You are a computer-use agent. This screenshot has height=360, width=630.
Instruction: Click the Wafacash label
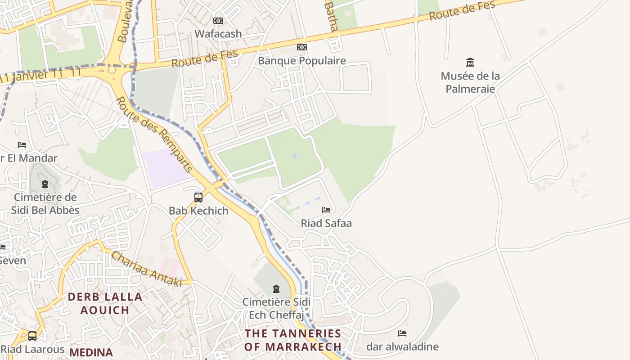[x=218, y=34]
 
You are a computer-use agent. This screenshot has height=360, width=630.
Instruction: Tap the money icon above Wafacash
[x=218, y=21]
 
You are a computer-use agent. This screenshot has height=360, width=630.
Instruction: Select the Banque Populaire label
[x=302, y=61]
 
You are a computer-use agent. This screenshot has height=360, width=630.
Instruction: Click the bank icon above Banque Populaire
[x=302, y=47]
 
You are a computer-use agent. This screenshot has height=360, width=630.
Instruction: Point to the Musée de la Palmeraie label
[x=470, y=82]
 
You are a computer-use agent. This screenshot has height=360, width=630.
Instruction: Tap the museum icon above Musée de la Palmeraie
[x=470, y=62]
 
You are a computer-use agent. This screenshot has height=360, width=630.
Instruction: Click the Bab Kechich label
[x=198, y=211]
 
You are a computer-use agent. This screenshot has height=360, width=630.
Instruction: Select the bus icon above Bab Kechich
[x=198, y=198]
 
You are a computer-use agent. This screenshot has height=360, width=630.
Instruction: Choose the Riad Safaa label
[x=326, y=223]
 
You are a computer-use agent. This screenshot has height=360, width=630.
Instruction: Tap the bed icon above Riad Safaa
[x=326, y=210]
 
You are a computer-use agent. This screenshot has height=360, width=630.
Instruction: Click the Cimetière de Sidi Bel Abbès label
[x=45, y=204]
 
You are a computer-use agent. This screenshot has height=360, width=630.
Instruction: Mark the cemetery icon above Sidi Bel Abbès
[x=45, y=184]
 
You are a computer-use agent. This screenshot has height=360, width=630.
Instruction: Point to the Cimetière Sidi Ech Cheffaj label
[x=276, y=308]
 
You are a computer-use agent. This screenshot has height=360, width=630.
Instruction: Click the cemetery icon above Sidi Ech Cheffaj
[x=276, y=288]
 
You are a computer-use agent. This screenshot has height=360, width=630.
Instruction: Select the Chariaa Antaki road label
[x=146, y=269]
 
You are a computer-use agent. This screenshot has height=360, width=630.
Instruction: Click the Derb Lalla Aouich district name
[x=105, y=303]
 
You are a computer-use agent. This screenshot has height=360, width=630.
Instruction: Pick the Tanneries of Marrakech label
[x=293, y=340]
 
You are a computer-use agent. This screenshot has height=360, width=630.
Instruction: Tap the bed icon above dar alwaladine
[x=402, y=333]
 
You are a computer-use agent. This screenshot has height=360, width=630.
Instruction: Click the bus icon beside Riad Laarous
[x=32, y=336]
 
